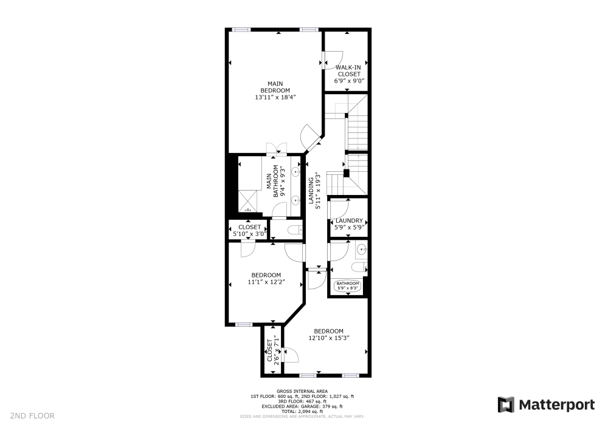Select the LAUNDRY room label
click(349, 221)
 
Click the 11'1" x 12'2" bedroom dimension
click(266, 282)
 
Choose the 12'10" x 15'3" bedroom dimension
click(329, 338)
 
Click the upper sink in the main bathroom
click(297, 172)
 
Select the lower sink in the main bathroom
click(297, 199)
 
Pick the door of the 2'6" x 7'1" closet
click(288, 355)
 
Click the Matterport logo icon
click(506, 405)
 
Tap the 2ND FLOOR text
click(32, 416)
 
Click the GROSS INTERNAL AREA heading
click(302, 391)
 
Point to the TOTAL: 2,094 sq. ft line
click(302, 411)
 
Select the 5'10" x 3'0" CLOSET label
click(249, 230)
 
